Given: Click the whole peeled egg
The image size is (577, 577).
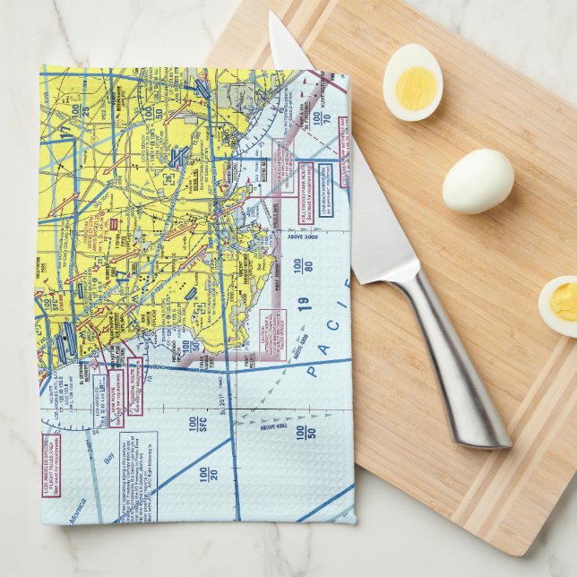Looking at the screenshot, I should tap(478, 180).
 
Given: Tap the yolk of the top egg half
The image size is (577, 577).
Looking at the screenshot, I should tap(415, 88).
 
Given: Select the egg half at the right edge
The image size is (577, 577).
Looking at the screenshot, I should tap(560, 305).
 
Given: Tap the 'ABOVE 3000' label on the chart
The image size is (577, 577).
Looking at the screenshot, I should tap(305, 236).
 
